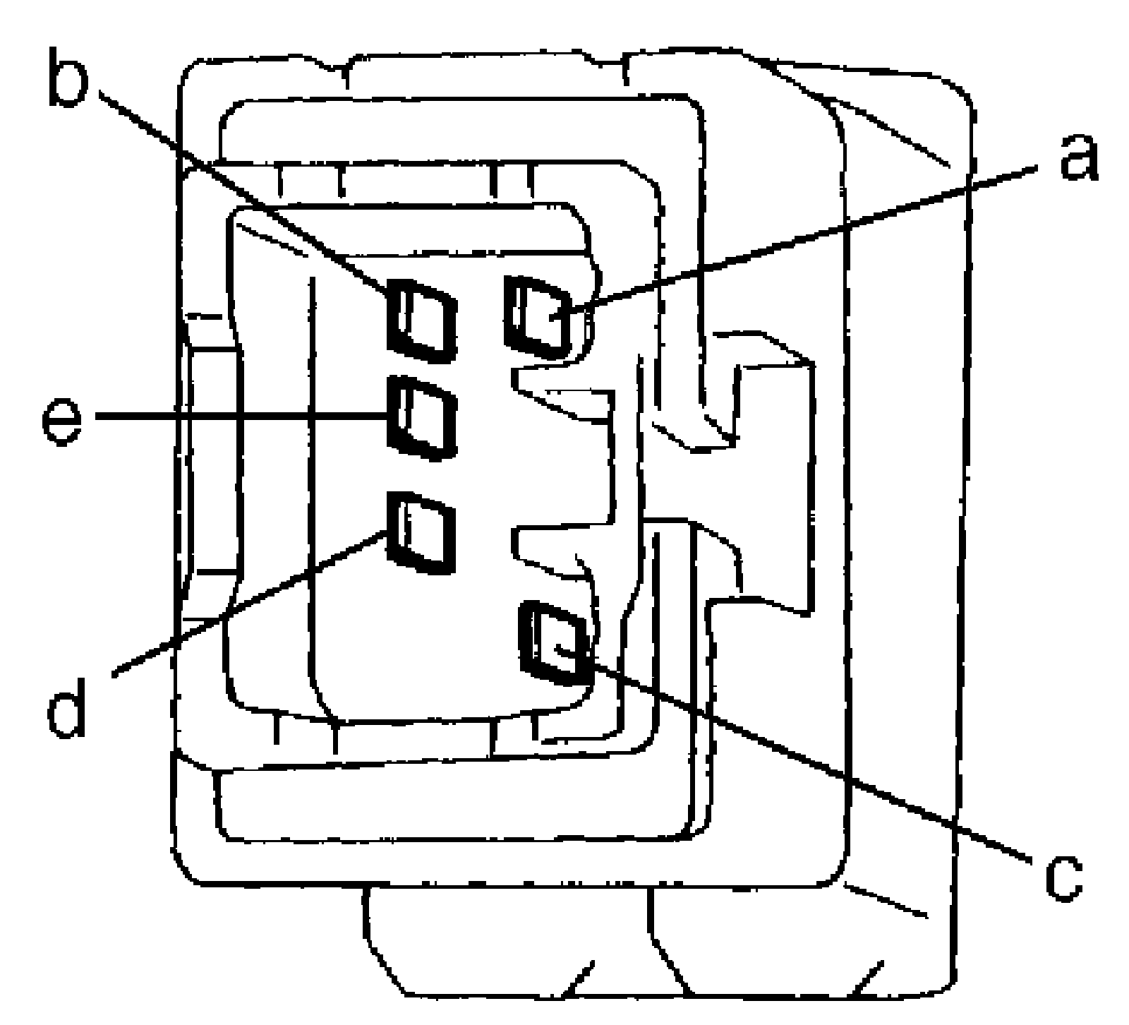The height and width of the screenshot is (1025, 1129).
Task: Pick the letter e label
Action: (61, 421)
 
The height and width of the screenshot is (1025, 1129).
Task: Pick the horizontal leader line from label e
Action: (240, 416)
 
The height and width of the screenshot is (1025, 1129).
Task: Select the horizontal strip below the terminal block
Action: (452, 805)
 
